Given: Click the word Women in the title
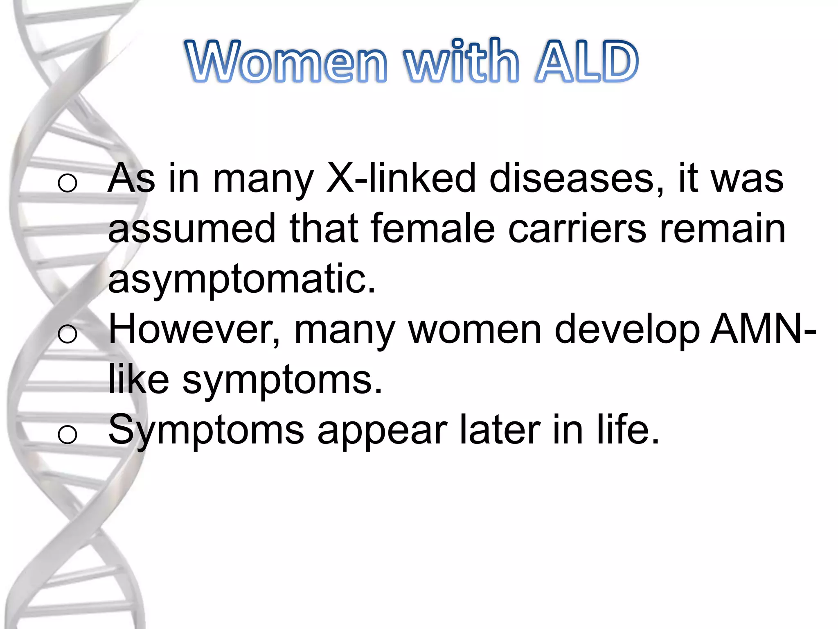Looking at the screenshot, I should tap(286, 61).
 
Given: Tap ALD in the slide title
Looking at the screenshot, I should tap(587, 61).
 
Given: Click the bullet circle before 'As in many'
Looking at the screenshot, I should tap(68, 183).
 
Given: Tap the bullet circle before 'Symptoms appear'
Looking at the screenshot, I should tap(68, 434).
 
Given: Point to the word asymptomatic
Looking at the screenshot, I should tap(241, 279).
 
